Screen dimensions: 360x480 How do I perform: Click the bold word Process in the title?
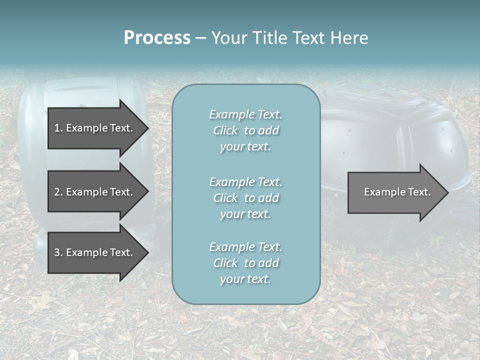157,38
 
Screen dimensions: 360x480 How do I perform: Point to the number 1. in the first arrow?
58,128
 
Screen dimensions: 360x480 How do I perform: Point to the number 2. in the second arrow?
58,192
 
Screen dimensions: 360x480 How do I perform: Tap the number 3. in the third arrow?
58,252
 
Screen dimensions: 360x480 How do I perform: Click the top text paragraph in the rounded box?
245,130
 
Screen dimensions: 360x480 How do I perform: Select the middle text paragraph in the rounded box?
245,197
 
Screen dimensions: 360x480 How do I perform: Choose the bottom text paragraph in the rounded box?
245,263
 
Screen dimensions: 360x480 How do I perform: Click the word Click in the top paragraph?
225,130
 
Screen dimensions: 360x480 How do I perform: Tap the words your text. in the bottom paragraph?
245,279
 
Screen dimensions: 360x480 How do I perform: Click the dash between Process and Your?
200,38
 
